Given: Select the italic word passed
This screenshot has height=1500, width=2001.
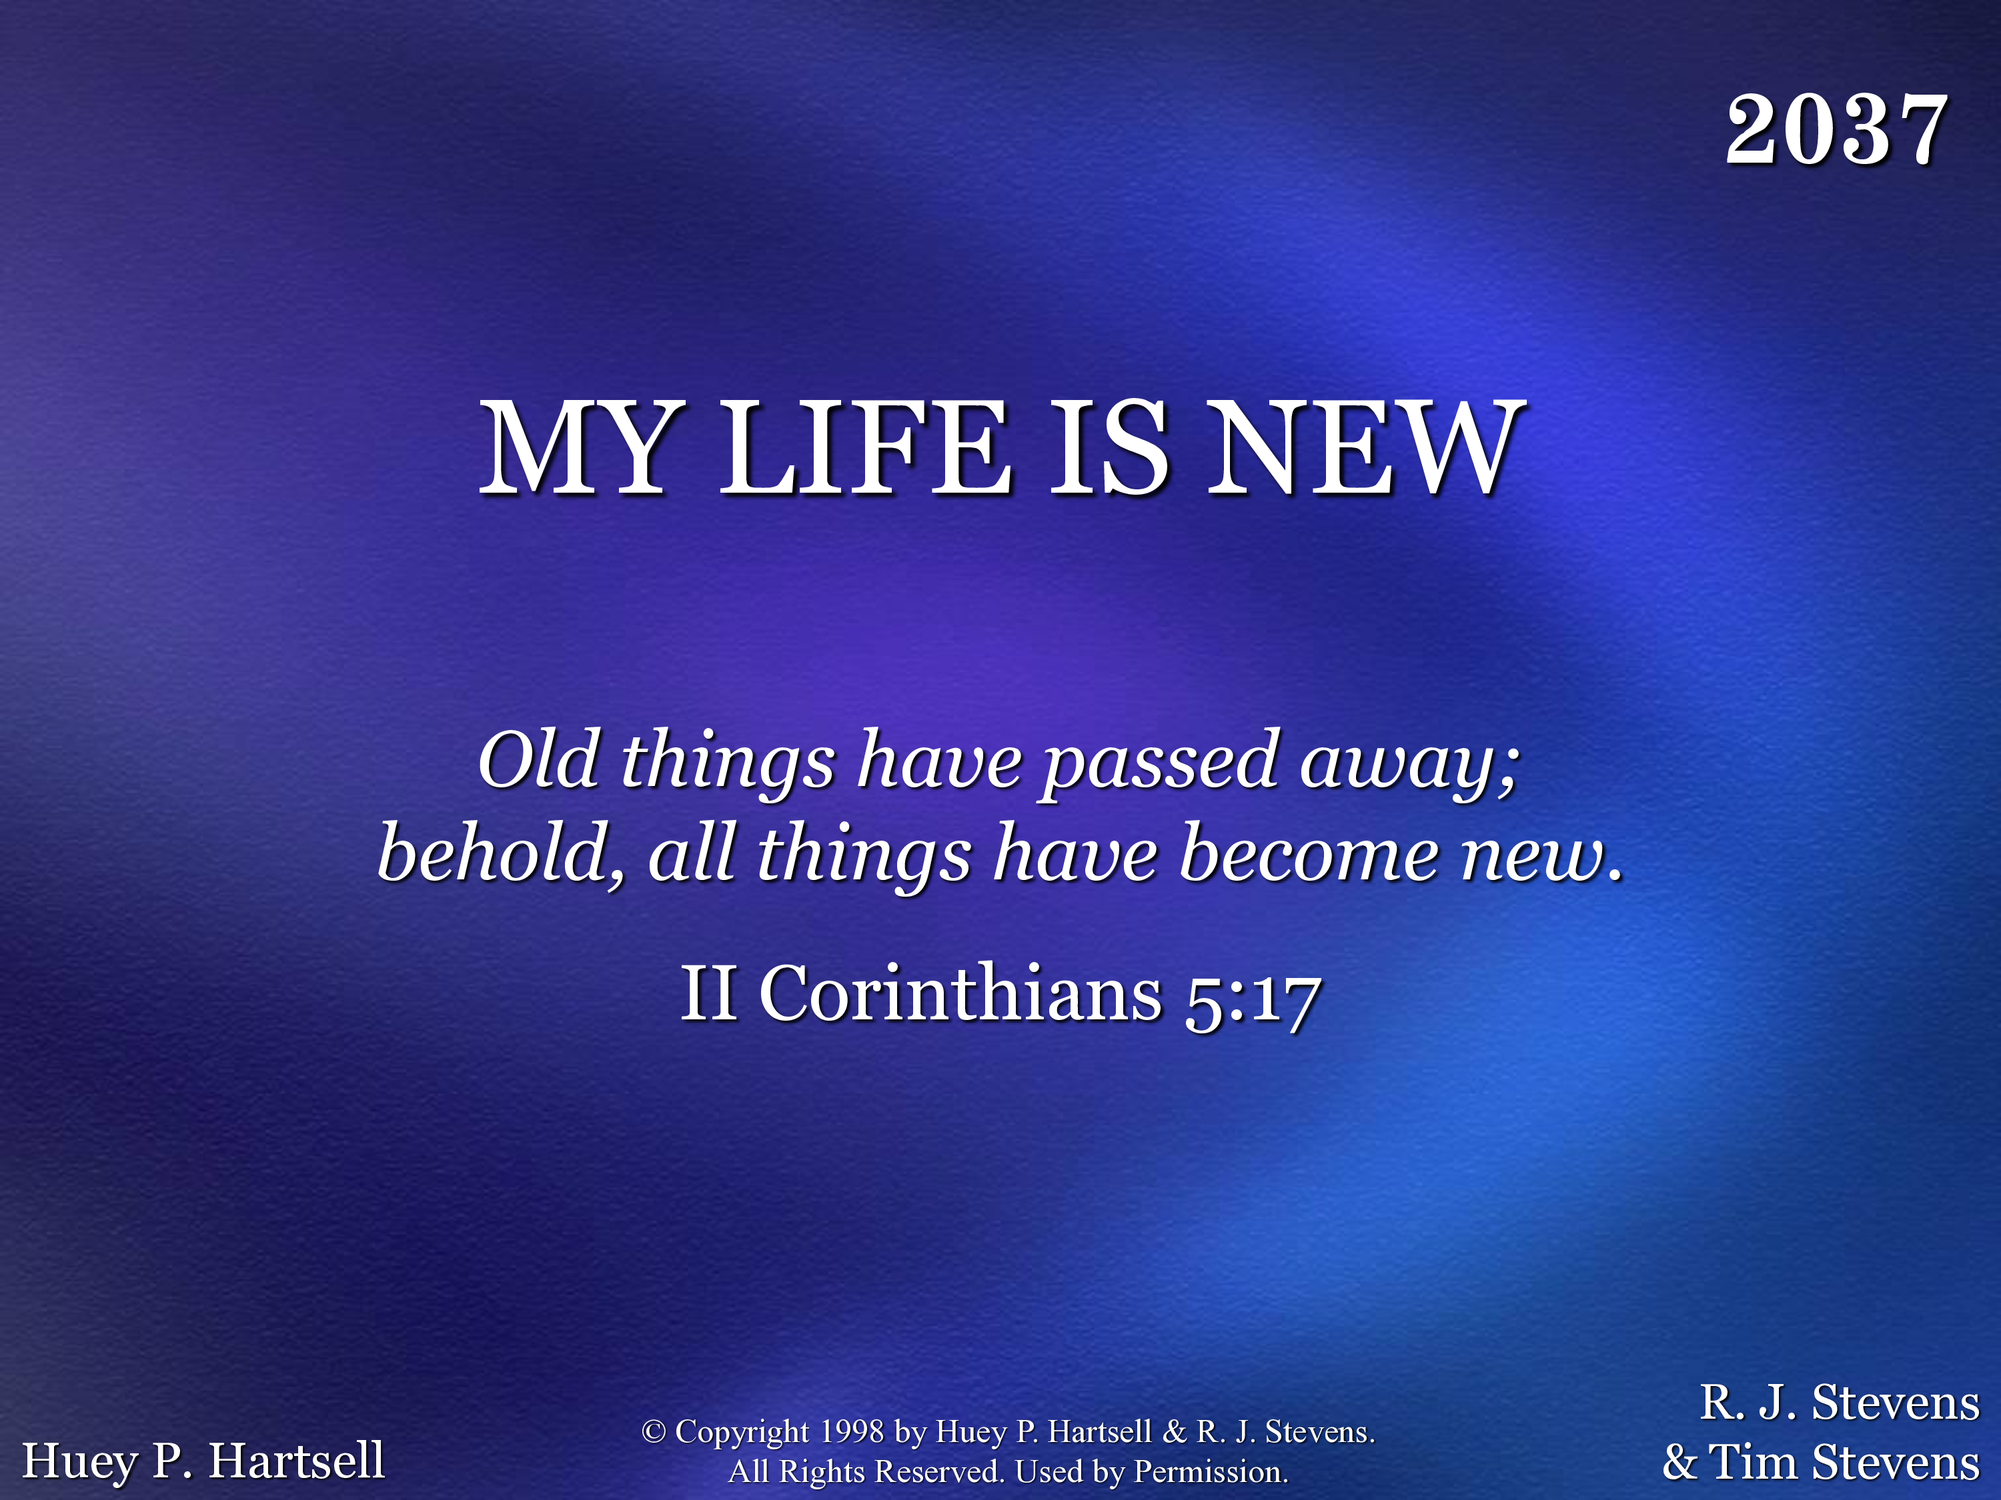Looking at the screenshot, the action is [x=1161, y=764].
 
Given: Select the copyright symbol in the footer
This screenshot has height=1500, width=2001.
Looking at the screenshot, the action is [x=653, y=1431].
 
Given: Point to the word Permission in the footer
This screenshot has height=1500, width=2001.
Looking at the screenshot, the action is [x=1211, y=1472].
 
